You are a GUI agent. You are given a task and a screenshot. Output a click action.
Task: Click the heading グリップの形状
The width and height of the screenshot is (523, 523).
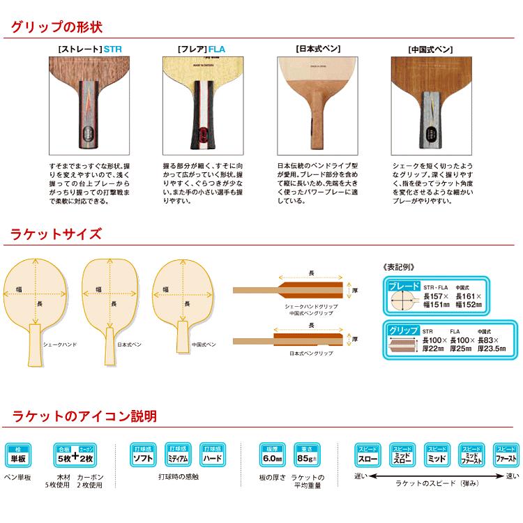[56, 28]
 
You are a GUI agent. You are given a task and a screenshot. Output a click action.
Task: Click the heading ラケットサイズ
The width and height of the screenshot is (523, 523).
[56, 234]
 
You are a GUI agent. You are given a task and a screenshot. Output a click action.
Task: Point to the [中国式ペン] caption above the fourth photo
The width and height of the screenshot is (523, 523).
[430, 50]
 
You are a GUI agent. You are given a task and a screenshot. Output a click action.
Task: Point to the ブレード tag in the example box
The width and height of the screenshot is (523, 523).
[403, 287]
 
